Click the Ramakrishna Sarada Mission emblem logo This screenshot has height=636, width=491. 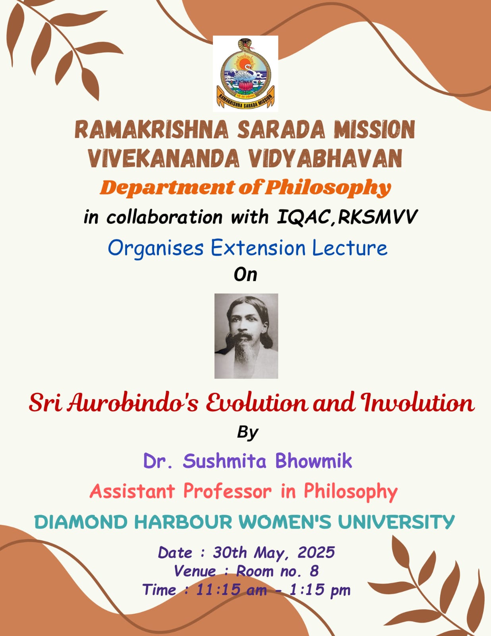point(246,74)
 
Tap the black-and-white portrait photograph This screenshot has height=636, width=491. point(246,336)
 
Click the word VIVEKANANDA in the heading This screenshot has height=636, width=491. point(164,158)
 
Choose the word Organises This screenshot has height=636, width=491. point(156,249)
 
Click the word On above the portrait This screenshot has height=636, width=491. point(246,275)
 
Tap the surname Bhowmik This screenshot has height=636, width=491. point(313,461)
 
